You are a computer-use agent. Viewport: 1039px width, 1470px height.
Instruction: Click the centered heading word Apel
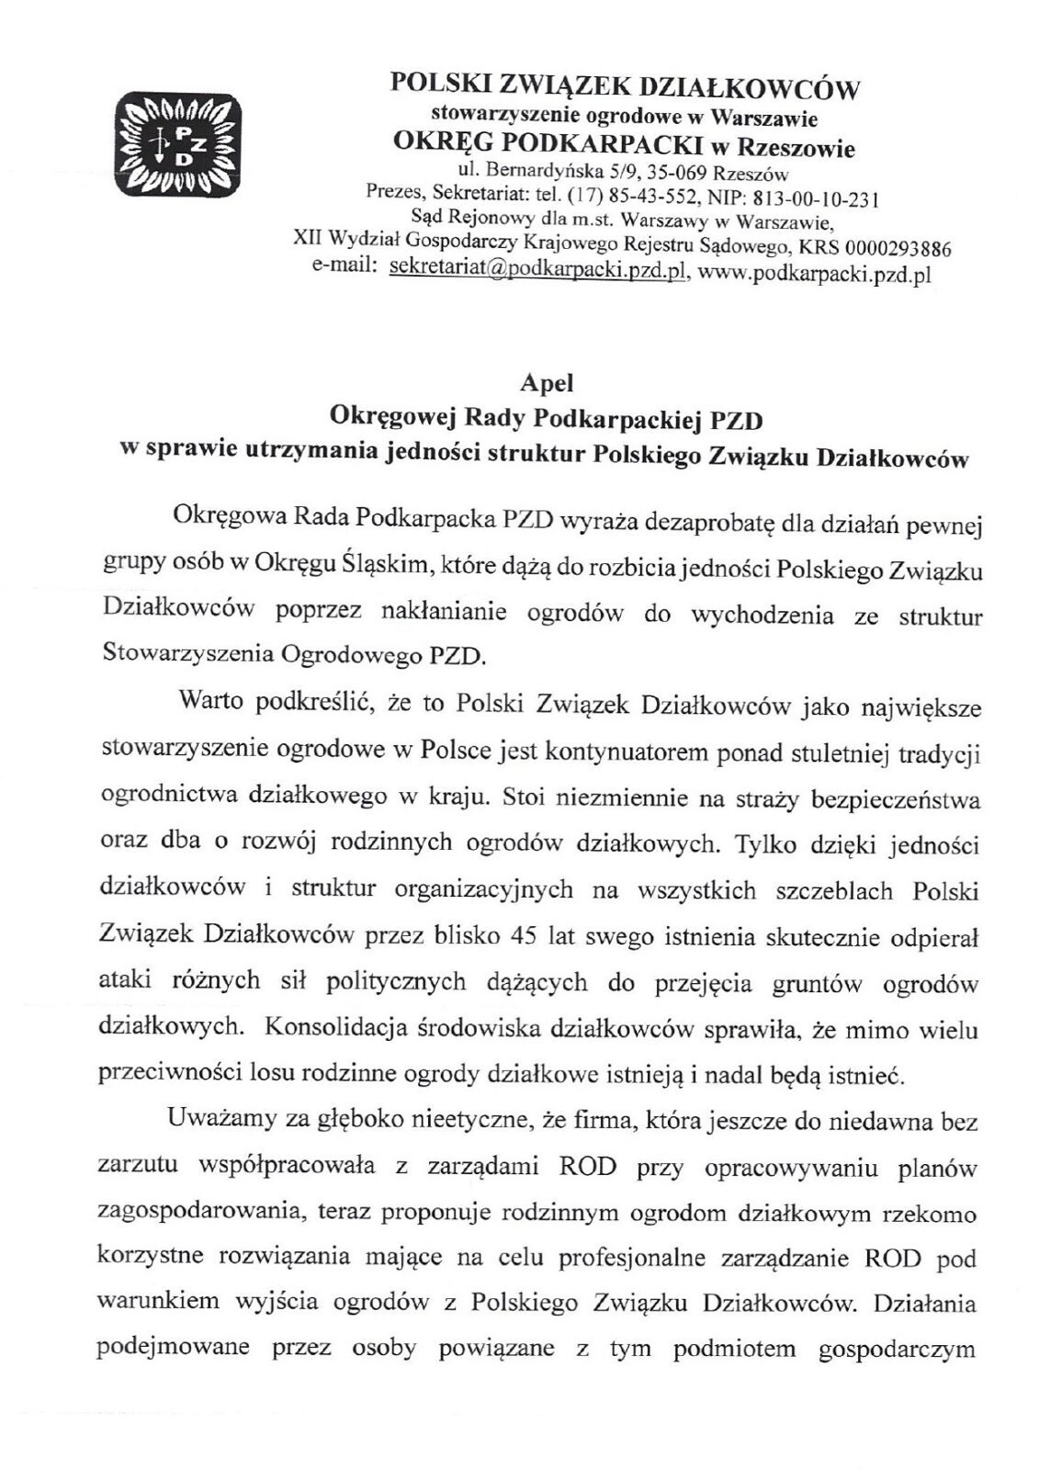(547, 380)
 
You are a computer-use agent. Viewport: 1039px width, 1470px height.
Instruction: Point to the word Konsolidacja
(331, 1028)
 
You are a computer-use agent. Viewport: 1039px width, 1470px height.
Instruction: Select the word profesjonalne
(642, 1258)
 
